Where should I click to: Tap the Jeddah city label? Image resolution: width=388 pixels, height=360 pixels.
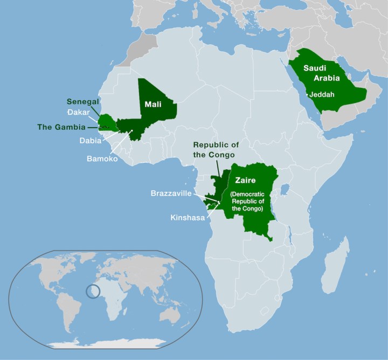[323, 94]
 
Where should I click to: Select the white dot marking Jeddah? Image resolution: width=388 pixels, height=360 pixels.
[308, 95]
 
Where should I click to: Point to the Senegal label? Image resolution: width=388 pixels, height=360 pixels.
[83, 102]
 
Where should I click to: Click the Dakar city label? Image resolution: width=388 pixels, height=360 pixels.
[80, 112]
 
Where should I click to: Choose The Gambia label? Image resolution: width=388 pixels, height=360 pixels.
[61, 128]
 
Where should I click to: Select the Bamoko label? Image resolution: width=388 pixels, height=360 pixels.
[102, 159]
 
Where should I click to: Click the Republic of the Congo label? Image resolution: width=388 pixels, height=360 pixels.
[216, 150]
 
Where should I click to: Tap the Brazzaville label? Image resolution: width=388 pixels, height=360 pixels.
[178, 193]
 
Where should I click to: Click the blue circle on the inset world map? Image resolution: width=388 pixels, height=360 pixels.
[93, 290]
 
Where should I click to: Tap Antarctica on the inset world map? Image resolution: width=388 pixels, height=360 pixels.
[108, 343]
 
